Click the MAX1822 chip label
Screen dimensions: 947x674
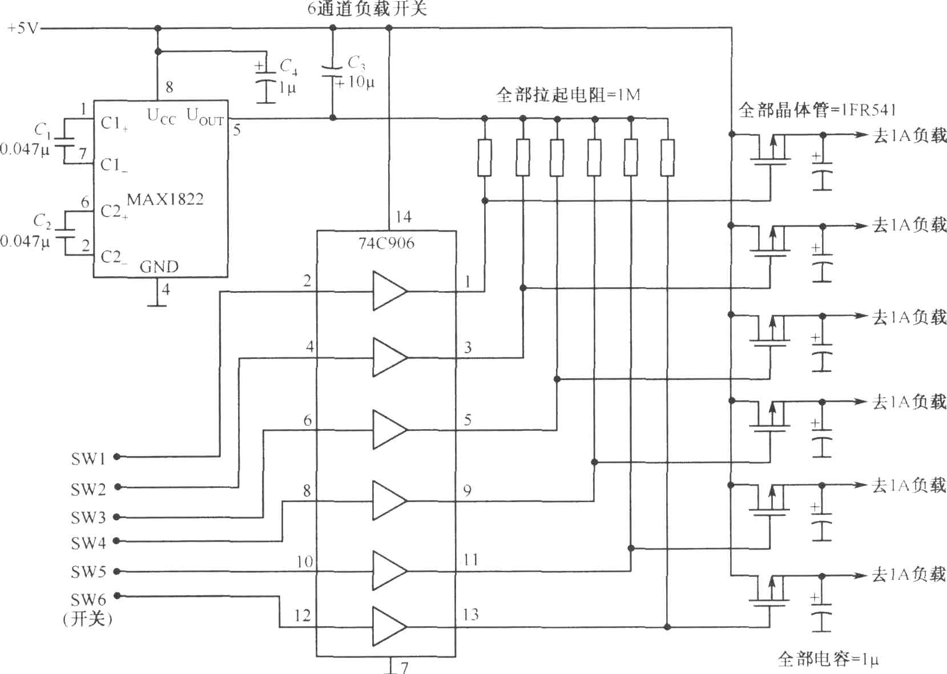pyautogui.click(x=166, y=199)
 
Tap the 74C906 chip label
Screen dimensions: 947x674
pyautogui.click(x=386, y=243)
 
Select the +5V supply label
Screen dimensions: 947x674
pyautogui.click(x=23, y=29)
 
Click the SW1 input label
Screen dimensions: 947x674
pyautogui.click(x=88, y=458)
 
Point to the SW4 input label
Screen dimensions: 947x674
pyautogui.click(x=88, y=543)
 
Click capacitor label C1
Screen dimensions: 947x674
pyautogui.click(x=42, y=130)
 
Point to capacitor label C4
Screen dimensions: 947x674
pyautogui.click(x=288, y=66)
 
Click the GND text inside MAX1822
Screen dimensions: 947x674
pyautogui.click(x=159, y=267)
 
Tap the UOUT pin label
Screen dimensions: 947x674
pyautogui.click(x=205, y=116)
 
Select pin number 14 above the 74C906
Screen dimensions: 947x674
pyautogui.click(x=404, y=217)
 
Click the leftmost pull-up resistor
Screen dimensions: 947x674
pyautogui.click(x=485, y=157)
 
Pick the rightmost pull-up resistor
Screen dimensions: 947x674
pyautogui.click(x=667, y=157)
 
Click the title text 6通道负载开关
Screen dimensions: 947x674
pyautogui.click(x=367, y=9)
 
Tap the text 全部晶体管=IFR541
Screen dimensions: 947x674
pyautogui.click(x=817, y=110)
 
